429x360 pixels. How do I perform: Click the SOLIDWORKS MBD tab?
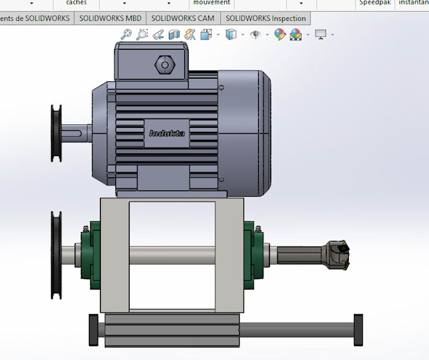111,18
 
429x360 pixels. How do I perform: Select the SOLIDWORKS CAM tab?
183,18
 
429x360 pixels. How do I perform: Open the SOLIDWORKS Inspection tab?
266,18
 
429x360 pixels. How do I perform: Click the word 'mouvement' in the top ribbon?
211,3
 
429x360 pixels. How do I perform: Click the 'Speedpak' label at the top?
375,3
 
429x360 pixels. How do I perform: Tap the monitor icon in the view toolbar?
321,34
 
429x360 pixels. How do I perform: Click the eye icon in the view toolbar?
255,34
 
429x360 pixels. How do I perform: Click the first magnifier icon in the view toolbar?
126,34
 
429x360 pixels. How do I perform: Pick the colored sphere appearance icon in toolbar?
280,34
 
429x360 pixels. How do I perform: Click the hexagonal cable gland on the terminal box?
164,64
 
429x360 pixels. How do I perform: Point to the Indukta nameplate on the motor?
165,133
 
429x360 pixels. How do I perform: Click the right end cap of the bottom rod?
358,329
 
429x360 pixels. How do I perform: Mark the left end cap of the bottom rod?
93,330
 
